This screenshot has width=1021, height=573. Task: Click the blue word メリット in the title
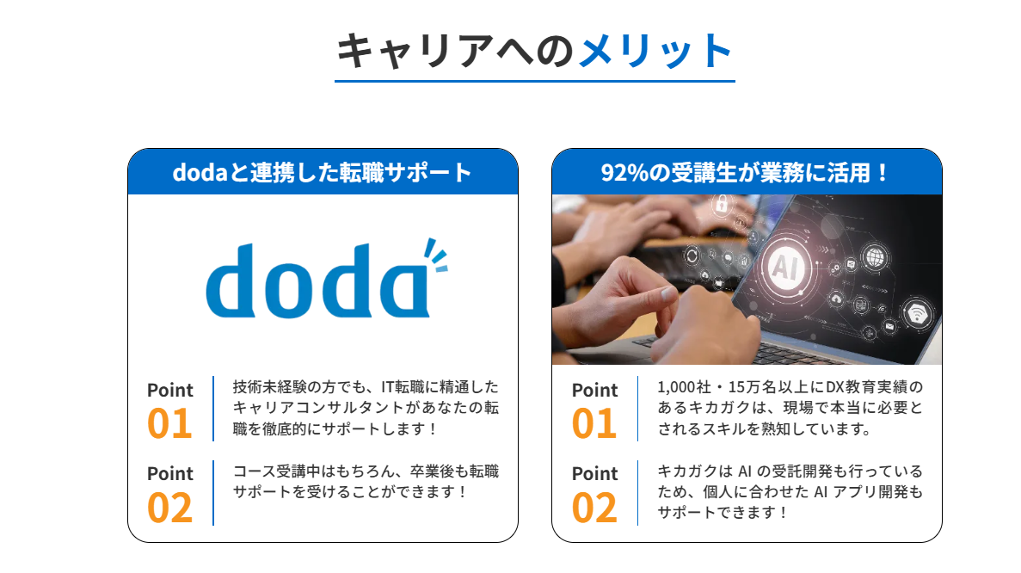655,51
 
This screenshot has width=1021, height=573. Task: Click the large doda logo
326,279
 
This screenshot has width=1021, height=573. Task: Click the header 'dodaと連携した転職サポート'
323,173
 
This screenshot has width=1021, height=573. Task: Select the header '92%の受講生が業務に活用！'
746,173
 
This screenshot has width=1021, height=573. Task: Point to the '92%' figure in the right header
624,173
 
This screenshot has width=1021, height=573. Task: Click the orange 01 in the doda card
170,424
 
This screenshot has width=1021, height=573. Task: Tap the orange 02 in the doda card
170,508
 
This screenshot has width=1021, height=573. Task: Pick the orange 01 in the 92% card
594,424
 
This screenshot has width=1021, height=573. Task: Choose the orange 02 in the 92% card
594,508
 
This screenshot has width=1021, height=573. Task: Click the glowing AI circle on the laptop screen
786,267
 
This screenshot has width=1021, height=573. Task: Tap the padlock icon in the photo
722,204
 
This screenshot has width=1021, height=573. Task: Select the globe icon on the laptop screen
875,257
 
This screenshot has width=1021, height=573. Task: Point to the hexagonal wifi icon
918,315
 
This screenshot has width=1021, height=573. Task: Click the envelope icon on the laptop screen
889,325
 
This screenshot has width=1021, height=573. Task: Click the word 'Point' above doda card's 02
170,473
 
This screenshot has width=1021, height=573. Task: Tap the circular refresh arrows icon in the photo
691,256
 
